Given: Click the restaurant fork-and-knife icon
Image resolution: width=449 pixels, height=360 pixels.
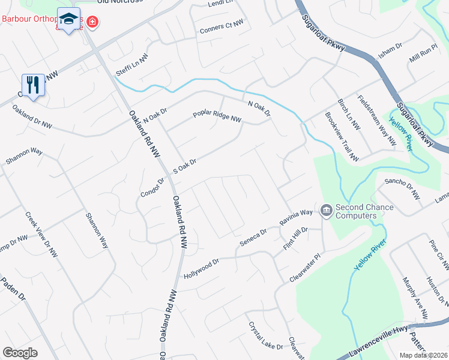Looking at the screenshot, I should pos(33,85).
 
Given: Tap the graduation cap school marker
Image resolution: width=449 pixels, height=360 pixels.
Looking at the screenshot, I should pos(68,18).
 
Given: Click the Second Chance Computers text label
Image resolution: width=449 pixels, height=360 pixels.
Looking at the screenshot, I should pos(364,212).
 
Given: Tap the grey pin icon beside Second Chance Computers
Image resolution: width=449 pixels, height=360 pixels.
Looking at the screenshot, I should pos(327,210).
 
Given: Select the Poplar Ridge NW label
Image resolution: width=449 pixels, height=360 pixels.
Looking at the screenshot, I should pos(217,116).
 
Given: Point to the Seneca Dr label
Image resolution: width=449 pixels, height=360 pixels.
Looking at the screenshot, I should pos(253,236).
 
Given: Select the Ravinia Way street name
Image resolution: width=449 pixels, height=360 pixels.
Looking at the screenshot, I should pos(297,217).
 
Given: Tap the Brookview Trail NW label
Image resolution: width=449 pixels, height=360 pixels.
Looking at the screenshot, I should pos(342,137).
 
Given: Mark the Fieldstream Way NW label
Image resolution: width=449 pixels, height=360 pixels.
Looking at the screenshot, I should pos(377,121).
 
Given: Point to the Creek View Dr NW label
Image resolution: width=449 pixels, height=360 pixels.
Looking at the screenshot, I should pos(41,235).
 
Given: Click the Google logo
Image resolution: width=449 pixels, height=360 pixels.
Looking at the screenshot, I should pos(20,353).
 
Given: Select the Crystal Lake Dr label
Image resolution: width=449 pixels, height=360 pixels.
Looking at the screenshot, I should pos(265,336).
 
